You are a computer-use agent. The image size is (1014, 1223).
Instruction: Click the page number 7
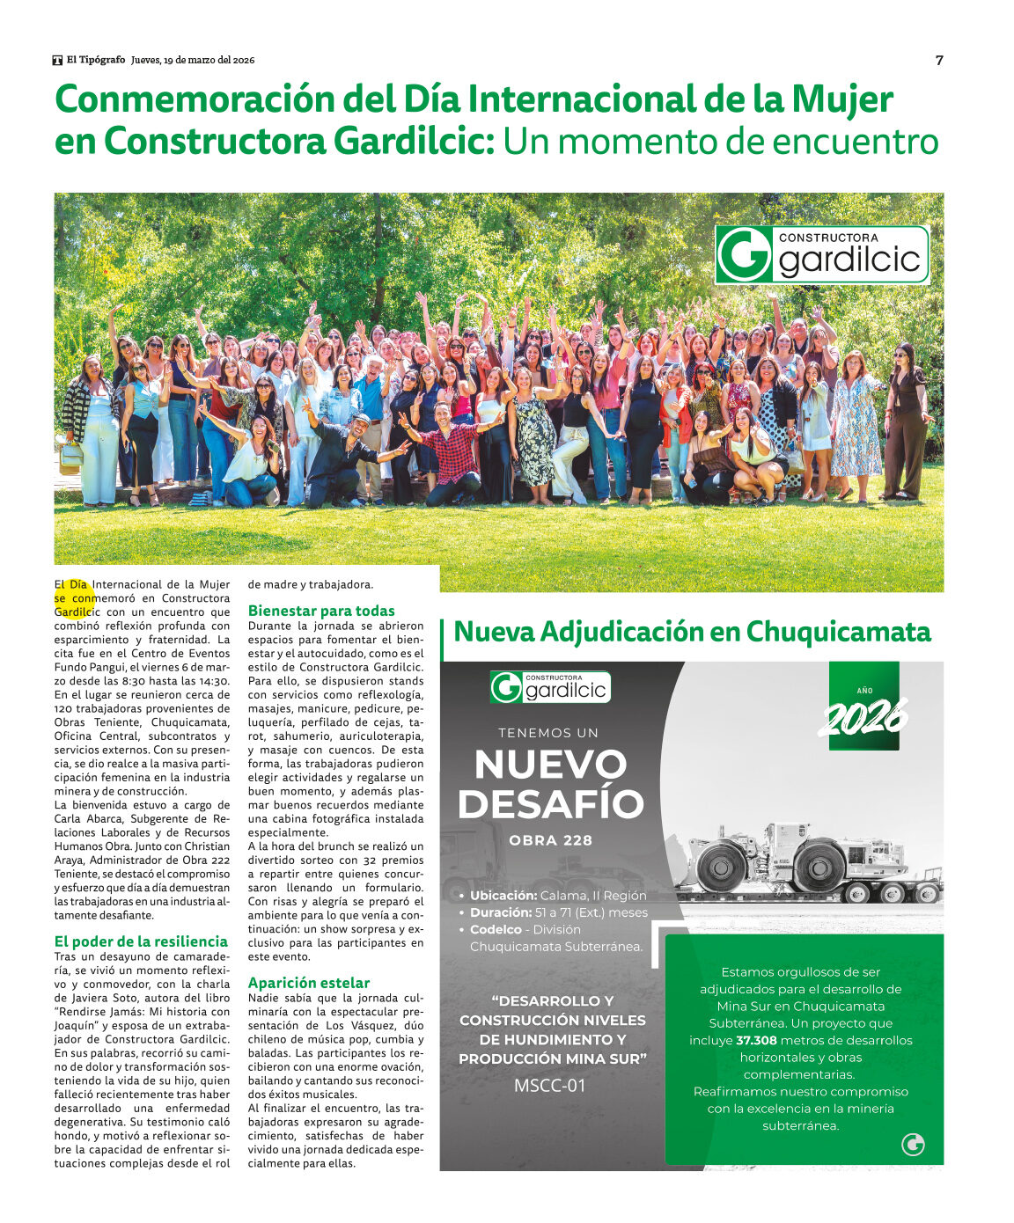[939, 61]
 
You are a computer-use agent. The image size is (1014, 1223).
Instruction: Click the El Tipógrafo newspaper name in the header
[95, 60]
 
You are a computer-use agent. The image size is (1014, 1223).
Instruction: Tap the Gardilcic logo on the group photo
[821, 255]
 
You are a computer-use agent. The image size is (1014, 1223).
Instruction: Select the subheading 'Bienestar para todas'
[321, 611]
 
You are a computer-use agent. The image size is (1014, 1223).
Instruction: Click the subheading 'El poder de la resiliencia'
[141, 941]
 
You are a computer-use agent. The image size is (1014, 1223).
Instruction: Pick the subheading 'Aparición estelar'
[308, 983]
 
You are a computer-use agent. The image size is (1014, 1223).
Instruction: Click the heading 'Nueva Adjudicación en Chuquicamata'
[692, 632]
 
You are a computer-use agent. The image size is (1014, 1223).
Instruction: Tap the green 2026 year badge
[863, 707]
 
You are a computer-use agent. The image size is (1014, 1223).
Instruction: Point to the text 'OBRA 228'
[551, 840]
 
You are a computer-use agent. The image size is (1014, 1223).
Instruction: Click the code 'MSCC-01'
[550, 1086]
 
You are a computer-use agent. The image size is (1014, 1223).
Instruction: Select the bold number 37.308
[757, 1040]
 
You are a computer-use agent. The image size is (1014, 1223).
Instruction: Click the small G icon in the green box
[914, 1144]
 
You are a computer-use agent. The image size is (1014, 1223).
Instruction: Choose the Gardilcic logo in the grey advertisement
[550, 688]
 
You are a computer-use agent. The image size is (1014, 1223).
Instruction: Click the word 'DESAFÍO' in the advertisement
[551, 804]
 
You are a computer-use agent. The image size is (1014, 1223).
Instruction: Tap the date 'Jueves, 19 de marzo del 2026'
[193, 60]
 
